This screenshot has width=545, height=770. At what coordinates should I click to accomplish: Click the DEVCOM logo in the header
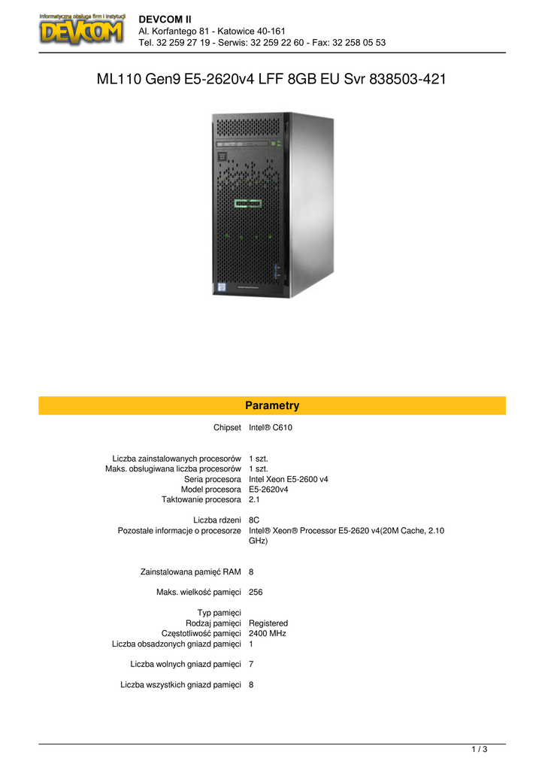tap(81, 30)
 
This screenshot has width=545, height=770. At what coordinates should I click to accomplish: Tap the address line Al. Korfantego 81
tap(212, 31)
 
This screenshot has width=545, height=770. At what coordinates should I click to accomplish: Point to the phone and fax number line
tap(262, 43)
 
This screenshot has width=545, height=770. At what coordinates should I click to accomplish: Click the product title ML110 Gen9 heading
tap(272, 79)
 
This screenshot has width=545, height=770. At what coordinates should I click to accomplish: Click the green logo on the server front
tap(247, 203)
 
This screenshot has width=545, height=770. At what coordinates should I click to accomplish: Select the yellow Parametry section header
tap(272, 406)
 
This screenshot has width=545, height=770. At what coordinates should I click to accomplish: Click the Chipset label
tap(227, 428)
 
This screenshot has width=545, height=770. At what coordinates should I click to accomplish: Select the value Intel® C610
tap(270, 428)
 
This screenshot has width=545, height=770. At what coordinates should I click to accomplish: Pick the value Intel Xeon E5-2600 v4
tap(288, 479)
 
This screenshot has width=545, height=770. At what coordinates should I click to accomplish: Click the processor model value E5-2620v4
tap(268, 489)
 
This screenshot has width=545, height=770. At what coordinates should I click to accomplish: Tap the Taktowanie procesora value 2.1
tap(254, 499)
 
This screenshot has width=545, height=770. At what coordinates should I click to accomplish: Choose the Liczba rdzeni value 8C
tap(254, 520)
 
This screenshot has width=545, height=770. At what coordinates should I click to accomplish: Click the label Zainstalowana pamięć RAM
tap(190, 571)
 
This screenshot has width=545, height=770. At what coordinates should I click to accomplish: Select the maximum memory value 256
tap(256, 592)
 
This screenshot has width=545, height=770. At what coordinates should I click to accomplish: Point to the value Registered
tap(268, 623)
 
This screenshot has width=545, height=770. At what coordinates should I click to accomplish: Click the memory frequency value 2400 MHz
tap(267, 633)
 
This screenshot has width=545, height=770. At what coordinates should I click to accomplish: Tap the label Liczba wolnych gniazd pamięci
tap(185, 664)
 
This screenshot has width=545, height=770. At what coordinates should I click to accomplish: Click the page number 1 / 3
tap(480, 749)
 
